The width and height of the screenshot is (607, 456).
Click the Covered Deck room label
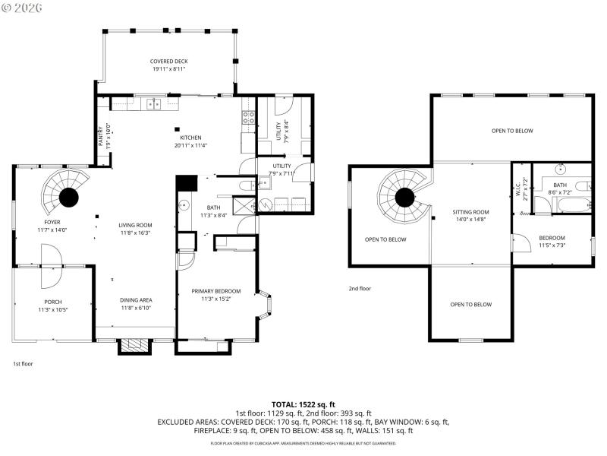(168, 62)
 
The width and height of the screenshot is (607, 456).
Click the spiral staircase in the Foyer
(68, 195)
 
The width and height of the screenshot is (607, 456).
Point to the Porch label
(52, 302)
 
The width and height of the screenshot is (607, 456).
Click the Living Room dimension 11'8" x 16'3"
(135, 233)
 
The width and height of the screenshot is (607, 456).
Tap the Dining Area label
(136, 300)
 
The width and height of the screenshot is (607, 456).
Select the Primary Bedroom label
(215, 291)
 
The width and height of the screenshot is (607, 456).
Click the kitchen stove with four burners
(247, 117)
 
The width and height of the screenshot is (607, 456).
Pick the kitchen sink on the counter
(154, 103)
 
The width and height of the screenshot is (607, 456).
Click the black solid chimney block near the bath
(186, 184)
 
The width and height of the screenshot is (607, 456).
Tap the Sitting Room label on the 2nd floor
(472, 212)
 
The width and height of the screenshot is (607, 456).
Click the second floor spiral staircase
(405, 196)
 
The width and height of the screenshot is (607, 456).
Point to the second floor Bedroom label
(552, 238)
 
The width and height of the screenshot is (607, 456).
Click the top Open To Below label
(512, 131)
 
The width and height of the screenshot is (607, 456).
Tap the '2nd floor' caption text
(360, 288)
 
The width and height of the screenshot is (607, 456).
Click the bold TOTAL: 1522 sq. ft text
(303, 404)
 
